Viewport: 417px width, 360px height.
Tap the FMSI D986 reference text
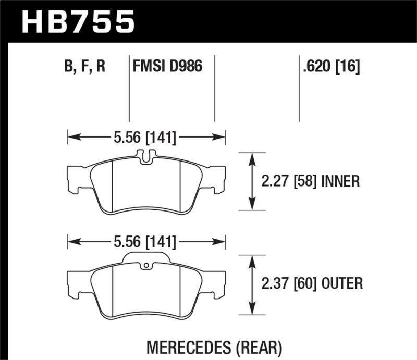point(167,67)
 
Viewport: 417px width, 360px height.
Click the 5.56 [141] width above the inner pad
point(145,138)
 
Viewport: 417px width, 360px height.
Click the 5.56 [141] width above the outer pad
point(145,242)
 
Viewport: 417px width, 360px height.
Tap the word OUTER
point(342,284)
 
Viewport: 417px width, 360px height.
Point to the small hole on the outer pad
point(148,266)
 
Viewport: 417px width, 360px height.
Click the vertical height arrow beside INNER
point(252,181)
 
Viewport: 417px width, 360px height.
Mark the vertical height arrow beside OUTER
point(252,284)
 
